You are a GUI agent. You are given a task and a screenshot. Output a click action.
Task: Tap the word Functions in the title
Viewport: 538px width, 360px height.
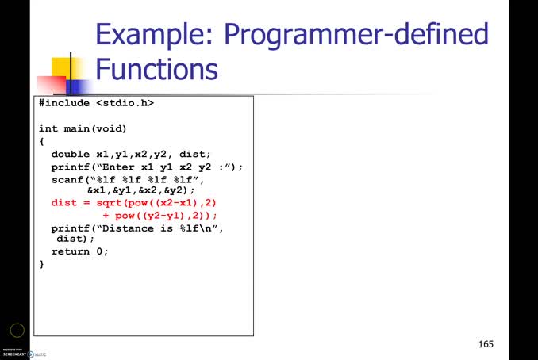click(156, 69)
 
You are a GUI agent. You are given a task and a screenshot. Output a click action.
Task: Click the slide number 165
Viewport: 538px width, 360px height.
click(486, 344)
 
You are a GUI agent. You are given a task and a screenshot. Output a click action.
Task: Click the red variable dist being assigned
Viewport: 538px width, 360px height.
click(64, 203)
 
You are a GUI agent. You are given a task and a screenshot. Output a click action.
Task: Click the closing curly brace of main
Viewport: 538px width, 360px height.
click(42, 264)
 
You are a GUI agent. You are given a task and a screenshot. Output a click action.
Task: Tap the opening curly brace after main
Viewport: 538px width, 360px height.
click(42, 141)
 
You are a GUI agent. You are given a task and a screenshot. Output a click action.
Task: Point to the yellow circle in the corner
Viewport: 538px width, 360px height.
click(17, 331)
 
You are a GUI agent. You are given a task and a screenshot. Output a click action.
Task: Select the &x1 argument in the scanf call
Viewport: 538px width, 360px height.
click(95, 191)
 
